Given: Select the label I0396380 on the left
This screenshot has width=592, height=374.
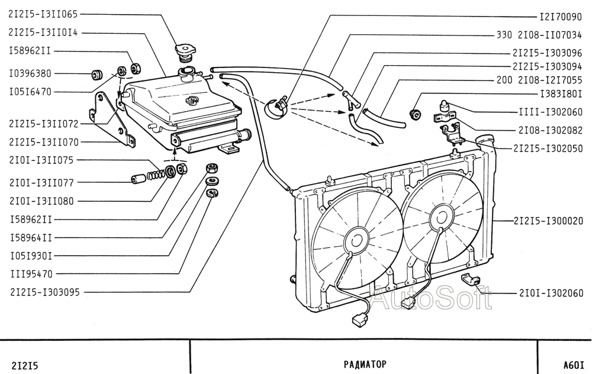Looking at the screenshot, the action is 30,73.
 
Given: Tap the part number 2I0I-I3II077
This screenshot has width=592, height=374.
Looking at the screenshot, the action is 41,183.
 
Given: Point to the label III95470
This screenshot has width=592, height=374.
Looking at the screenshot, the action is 31,274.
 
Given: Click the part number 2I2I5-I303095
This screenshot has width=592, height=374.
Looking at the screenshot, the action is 45,292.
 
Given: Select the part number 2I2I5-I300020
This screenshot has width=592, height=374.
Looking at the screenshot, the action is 548,221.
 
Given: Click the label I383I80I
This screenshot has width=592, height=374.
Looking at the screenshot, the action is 561,93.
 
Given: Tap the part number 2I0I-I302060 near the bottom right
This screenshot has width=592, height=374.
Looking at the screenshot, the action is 551,293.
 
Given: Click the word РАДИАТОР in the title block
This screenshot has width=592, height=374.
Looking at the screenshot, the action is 365,364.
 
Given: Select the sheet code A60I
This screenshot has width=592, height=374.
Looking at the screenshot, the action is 574,365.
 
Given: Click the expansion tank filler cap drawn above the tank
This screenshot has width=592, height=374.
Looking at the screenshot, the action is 185,53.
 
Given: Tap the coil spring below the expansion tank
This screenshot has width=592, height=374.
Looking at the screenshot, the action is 156,175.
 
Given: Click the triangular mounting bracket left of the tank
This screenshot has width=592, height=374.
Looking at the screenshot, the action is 112,118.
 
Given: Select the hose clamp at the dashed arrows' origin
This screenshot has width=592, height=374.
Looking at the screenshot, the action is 278,107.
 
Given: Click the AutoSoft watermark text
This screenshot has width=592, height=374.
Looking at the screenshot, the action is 430,298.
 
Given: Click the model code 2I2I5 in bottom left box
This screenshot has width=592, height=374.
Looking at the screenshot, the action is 25,365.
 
